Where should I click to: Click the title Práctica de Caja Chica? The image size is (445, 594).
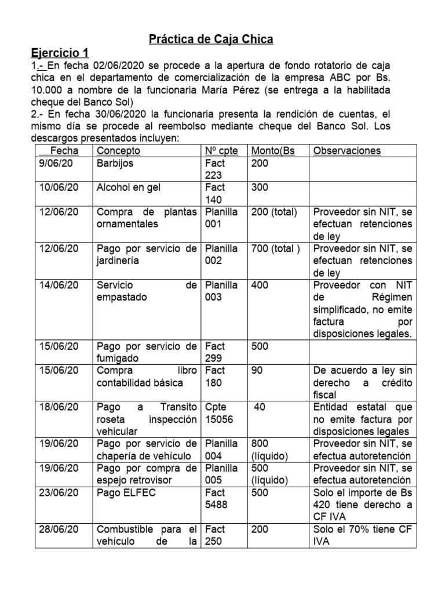[x=211, y=39]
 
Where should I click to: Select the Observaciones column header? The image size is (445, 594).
[x=346, y=151]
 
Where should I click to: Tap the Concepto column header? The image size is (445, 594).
[x=118, y=151]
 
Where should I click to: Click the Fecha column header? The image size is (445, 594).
[x=64, y=151]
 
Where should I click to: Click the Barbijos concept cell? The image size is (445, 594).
[x=115, y=164]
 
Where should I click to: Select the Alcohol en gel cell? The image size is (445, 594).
[x=127, y=187]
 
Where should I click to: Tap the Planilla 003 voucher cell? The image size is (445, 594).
[x=221, y=291]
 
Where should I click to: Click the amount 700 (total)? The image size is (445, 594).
[x=276, y=249]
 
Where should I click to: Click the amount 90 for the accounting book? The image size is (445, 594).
[x=257, y=370]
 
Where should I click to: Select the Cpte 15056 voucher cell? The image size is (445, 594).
[x=221, y=413]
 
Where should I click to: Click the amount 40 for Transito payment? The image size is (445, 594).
[x=260, y=407]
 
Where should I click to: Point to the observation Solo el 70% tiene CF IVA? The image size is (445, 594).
[x=362, y=535]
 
